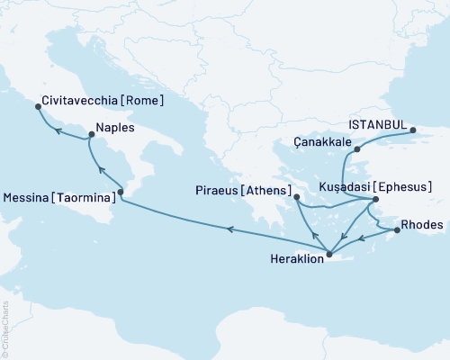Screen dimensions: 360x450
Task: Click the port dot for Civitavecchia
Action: [38, 107]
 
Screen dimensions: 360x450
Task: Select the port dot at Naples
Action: [90, 136]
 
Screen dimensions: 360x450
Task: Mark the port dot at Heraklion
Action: [328, 254]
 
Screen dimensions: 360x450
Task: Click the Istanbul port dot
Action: [413, 130]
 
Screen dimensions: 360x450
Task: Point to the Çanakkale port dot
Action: [357, 148]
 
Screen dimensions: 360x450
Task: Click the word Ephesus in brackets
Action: [405, 187]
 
